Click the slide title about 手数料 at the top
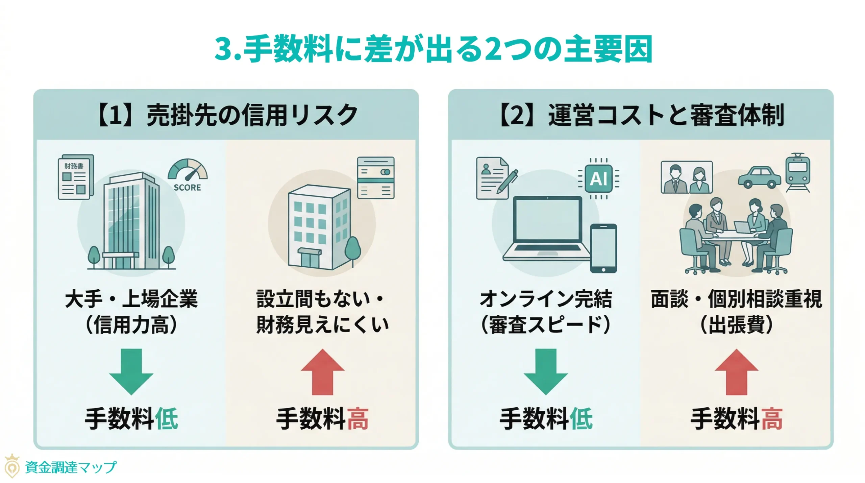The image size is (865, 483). [x=433, y=50]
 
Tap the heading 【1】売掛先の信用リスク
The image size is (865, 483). [x=227, y=115]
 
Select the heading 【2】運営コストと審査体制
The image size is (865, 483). [x=641, y=115]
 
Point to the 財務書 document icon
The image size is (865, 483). [x=76, y=177]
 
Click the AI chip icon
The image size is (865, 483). [x=598, y=178]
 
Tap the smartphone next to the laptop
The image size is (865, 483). [x=603, y=248]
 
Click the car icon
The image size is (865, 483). [x=759, y=177]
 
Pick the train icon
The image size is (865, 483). [x=797, y=172]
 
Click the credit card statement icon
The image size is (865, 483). [x=376, y=177]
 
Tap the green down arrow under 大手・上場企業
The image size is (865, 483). [x=131, y=371]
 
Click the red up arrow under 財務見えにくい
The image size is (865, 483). [x=322, y=371]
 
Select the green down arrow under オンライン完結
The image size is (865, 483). [x=545, y=371]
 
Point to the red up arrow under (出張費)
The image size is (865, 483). [x=737, y=371]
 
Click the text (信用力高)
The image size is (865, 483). [x=131, y=325]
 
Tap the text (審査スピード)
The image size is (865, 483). [x=545, y=325]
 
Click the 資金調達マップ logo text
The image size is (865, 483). [x=70, y=467]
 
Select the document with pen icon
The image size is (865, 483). [x=494, y=178]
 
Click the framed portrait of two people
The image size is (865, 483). [x=687, y=177]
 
